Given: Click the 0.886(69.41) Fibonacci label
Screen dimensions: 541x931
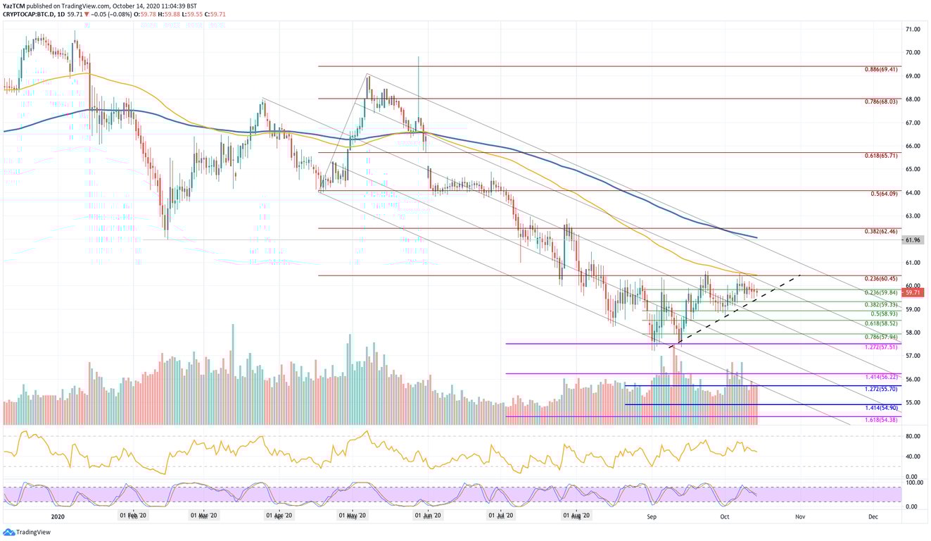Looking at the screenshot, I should [x=880, y=70].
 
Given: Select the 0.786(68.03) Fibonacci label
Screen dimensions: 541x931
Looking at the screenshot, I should [x=880, y=101].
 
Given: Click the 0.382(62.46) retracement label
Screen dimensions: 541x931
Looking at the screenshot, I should [x=880, y=232].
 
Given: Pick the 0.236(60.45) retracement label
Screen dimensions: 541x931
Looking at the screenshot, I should [x=880, y=279].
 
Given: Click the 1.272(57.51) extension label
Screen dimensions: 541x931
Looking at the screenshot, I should [x=880, y=348].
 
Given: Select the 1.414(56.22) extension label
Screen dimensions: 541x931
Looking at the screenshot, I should [x=880, y=378].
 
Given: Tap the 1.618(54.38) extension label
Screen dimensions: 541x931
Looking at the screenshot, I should [x=880, y=421].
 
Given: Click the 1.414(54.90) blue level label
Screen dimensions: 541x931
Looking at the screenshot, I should [x=880, y=409].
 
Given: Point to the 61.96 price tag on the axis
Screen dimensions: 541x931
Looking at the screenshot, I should [x=913, y=240].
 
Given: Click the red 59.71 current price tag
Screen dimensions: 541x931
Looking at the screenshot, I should [x=913, y=292].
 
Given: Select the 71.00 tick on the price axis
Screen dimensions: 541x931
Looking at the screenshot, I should [x=913, y=30].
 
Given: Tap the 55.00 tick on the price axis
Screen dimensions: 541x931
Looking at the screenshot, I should [x=913, y=402].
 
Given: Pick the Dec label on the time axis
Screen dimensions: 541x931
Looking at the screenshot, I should [x=873, y=516].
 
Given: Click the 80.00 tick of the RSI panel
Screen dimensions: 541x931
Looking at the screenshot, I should [x=913, y=437].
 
